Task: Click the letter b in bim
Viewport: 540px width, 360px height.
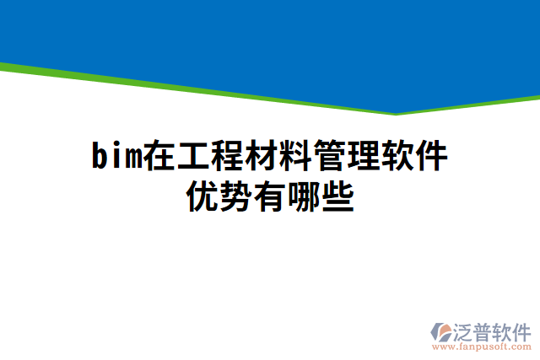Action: (99, 157)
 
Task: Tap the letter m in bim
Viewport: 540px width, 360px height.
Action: (132, 157)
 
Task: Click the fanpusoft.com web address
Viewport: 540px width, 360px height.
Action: (482, 347)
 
